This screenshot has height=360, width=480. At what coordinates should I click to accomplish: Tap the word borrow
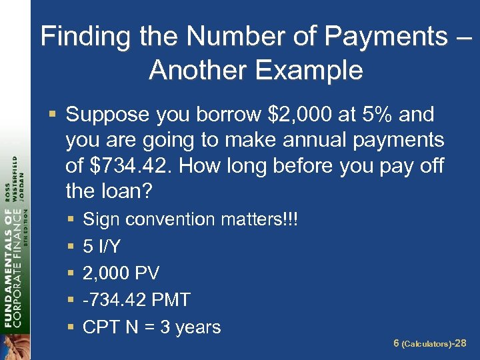(229, 115)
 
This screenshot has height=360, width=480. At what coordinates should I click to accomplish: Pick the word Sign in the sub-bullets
(101, 219)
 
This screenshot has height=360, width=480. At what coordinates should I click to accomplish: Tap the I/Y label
(109, 247)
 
